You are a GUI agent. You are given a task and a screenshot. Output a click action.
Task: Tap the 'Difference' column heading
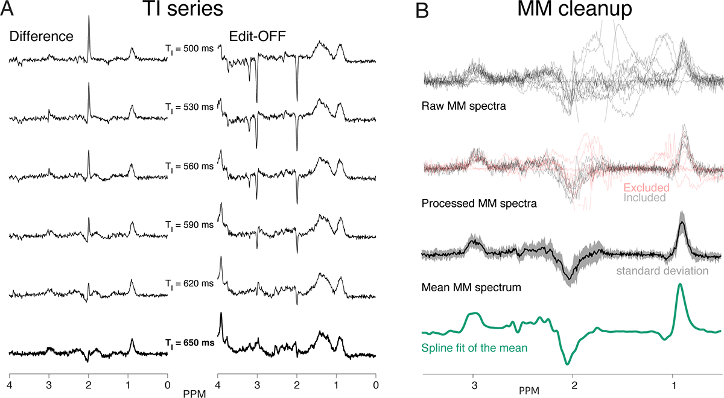[x=41, y=36]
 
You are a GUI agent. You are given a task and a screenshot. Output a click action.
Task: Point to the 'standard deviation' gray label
[x=662, y=271]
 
